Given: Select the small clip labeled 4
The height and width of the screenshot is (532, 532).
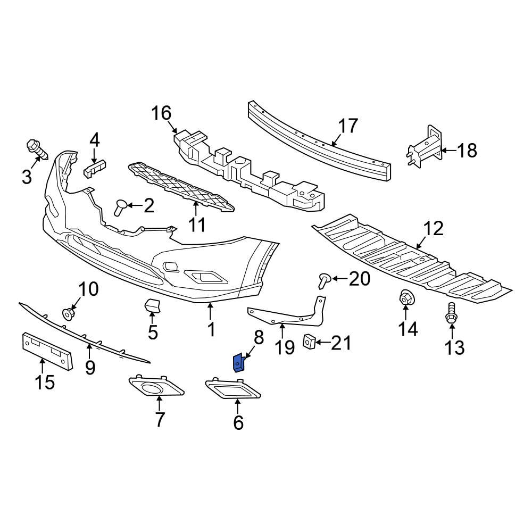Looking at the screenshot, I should [x=94, y=168].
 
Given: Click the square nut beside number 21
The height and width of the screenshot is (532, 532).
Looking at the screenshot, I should [x=308, y=341].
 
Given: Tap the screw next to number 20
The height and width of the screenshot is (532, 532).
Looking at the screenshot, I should [x=324, y=278].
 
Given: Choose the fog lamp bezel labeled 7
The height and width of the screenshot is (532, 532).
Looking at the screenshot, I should [x=156, y=388].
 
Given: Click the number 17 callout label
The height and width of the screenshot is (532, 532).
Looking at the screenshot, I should [x=348, y=127].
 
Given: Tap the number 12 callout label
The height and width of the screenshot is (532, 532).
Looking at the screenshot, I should [x=434, y=229].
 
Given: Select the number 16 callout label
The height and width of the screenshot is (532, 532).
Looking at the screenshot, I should [x=162, y=113].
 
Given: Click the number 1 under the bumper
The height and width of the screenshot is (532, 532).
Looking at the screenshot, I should [x=211, y=329].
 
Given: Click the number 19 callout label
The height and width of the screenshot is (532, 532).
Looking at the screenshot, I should [x=285, y=347].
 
